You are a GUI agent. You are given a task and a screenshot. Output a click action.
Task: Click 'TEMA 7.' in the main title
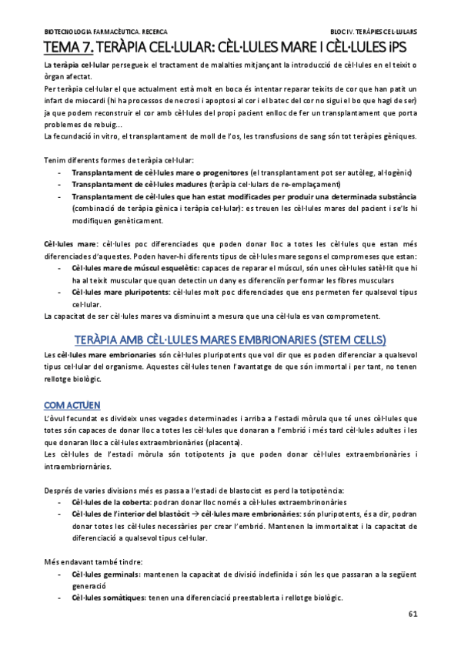coord(67,48)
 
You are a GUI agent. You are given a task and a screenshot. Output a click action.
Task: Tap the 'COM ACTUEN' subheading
coord(72,404)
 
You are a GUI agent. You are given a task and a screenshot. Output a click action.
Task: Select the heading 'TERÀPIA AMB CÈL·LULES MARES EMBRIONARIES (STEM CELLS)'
coord(230,340)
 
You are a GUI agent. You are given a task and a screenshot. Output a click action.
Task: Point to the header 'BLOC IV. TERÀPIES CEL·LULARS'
coord(373,32)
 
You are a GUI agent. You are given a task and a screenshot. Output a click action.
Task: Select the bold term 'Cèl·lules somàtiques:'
coord(107,598)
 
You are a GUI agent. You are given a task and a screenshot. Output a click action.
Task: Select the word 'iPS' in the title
coord(403,48)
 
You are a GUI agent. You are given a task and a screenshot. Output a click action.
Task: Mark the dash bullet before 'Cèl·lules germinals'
coord(60,574)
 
